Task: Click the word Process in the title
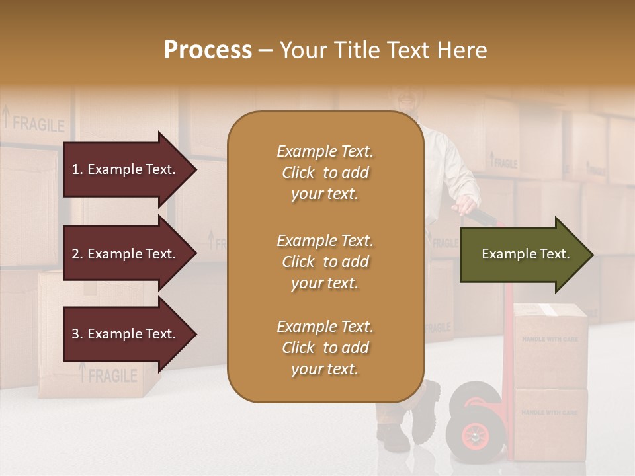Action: tap(208, 50)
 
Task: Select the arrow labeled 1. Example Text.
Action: tap(126, 169)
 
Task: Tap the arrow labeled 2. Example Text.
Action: tap(126, 254)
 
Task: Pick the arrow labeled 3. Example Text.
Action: tap(126, 334)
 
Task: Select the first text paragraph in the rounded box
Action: tap(325, 173)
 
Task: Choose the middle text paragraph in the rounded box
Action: tap(325, 262)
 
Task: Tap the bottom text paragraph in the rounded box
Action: tap(325, 348)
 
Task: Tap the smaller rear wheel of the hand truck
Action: tap(474, 397)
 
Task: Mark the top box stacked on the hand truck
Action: tap(550, 345)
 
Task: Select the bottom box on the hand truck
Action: tap(550, 423)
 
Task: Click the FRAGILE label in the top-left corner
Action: tap(38, 124)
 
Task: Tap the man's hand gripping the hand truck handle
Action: tap(468, 206)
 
